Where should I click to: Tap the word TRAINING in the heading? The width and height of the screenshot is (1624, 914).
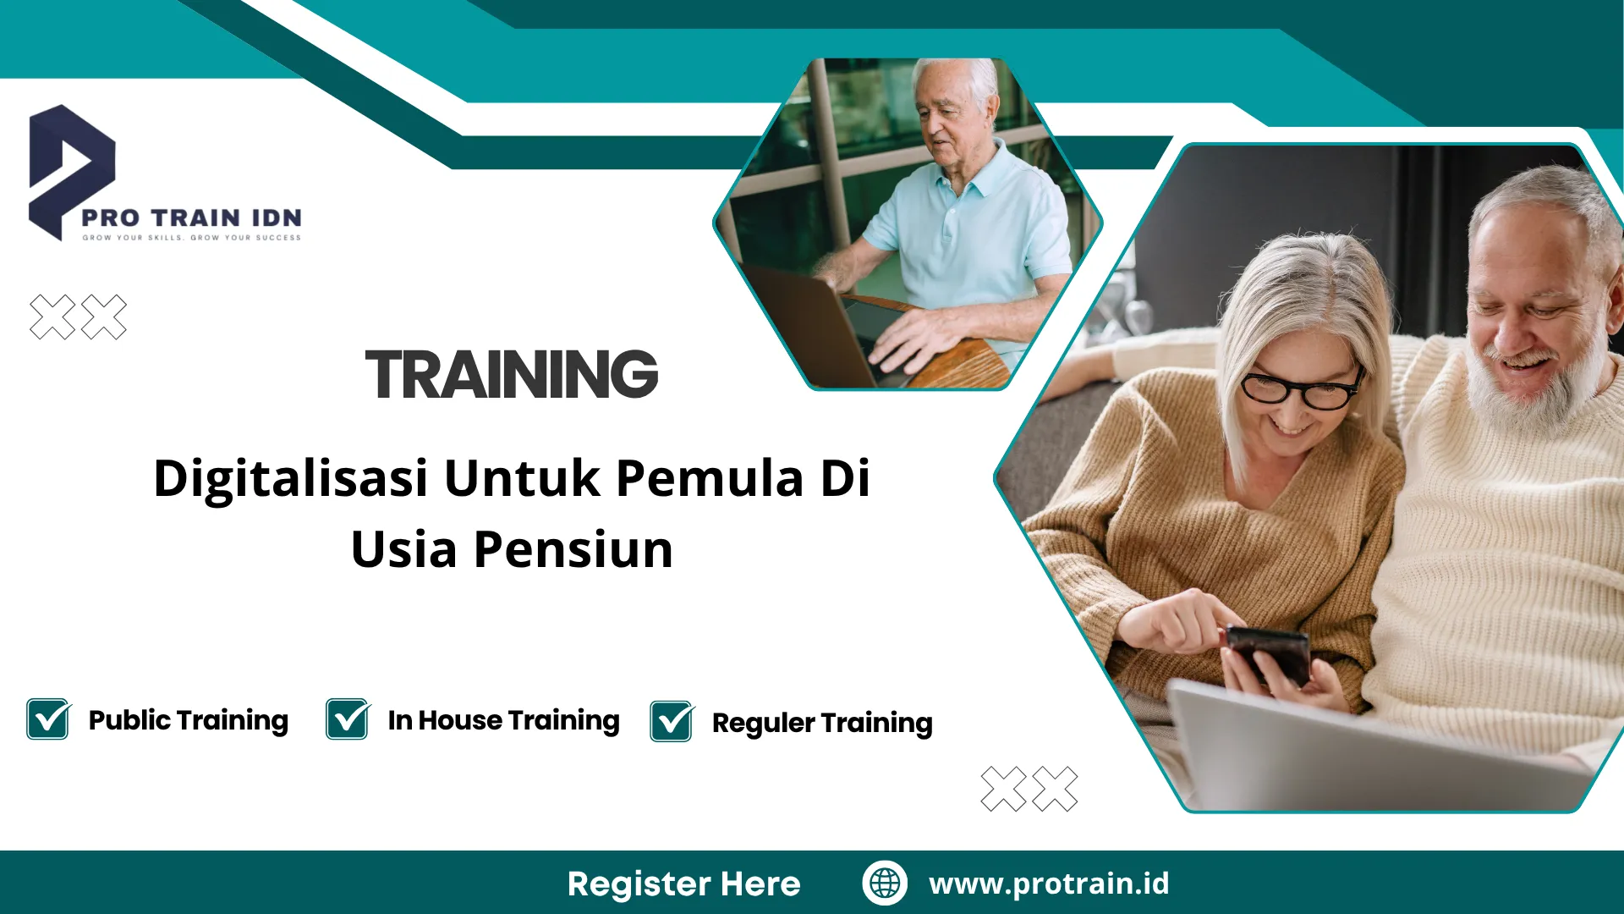[x=512, y=374]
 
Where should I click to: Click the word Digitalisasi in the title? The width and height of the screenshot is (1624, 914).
[x=290, y=478]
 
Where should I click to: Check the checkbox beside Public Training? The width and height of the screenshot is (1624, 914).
[x=48, y=720]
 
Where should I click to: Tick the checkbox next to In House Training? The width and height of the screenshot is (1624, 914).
[x=348, y=720]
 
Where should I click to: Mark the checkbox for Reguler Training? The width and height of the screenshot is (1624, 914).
[x=672, y=722]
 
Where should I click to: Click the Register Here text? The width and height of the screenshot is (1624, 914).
[x=683, y=884]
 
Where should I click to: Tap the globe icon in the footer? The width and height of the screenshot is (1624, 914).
[x=885, y=883]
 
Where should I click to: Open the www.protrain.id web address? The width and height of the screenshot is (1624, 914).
[x=1049, y=884]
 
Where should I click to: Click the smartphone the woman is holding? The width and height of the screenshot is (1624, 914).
[x=1269, y=652]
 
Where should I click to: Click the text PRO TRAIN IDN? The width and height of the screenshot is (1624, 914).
[x=191, y=218]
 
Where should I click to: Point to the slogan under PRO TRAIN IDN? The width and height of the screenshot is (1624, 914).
[x=191, y=238]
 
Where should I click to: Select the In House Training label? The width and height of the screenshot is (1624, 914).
[x=503, y=720]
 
